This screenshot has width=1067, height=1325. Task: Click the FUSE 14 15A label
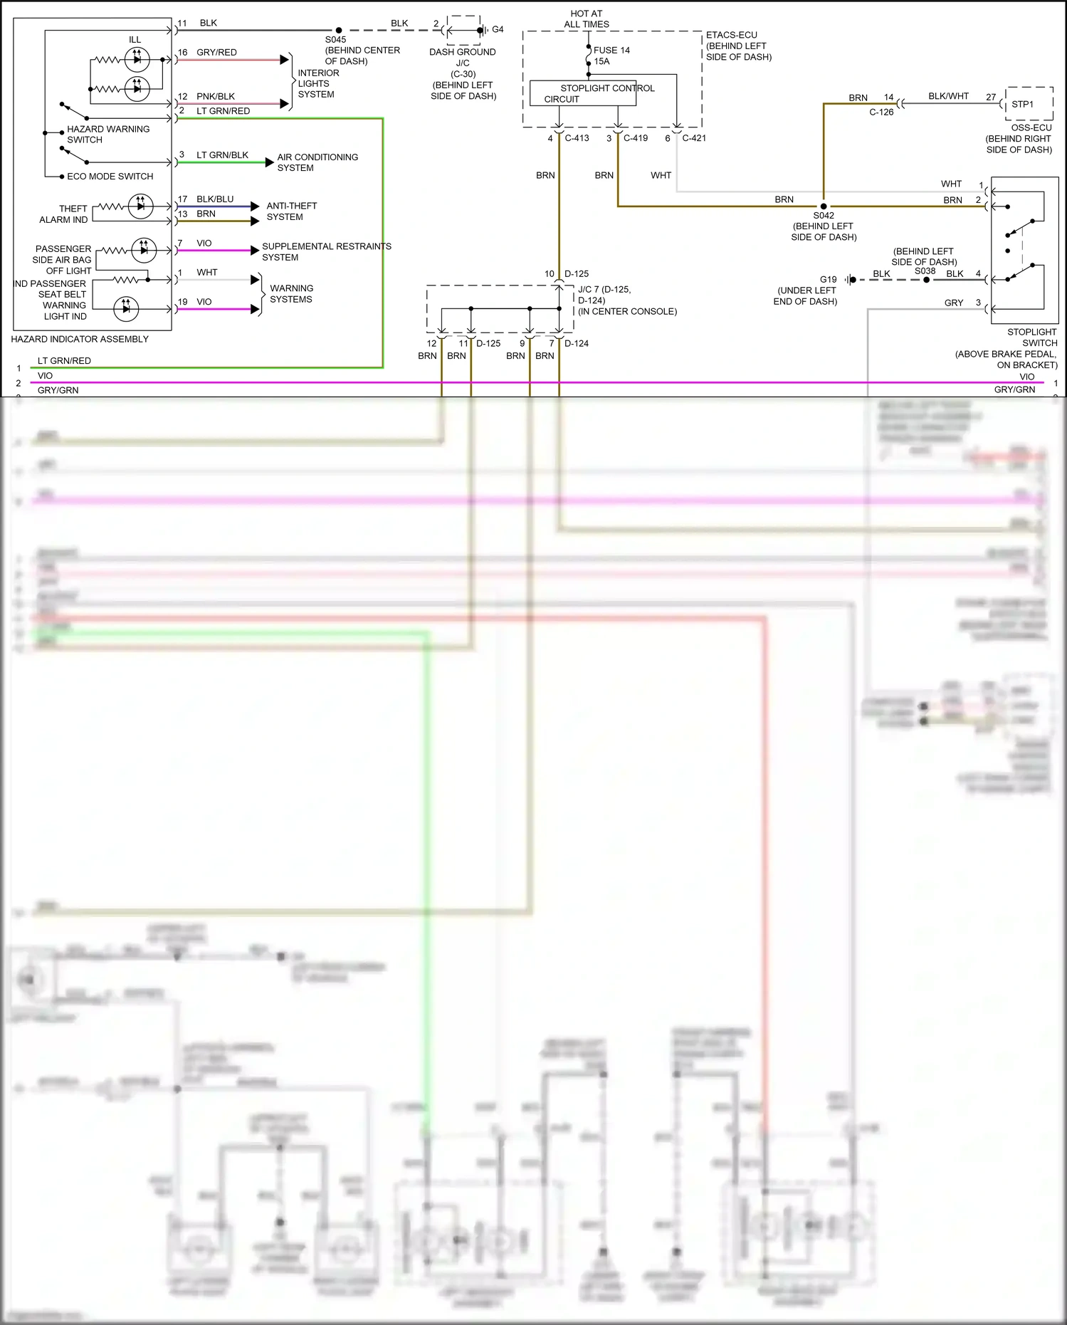[611, 56]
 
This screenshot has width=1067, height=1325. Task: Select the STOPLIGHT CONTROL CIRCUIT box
[583, 93]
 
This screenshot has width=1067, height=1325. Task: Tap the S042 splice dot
[824, 206]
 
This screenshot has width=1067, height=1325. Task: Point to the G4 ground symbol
[483, 30]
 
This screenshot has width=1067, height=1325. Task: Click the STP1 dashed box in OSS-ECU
[1029, 104]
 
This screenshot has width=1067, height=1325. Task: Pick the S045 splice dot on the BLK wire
[339, 31]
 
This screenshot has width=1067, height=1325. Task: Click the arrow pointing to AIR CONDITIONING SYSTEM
[269, 162]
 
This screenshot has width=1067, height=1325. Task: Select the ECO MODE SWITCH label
[110, 176]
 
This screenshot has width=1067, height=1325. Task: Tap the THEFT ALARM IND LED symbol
[140, 206]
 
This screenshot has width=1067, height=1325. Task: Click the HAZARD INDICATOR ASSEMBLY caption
[80, 339]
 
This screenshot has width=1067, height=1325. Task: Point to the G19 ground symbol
[850, 280]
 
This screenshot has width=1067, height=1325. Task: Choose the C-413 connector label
[577, 138]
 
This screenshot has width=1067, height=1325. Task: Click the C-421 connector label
[693, 138]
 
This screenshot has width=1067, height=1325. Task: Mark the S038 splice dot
[926, 280]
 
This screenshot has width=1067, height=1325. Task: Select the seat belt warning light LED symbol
[126, 308]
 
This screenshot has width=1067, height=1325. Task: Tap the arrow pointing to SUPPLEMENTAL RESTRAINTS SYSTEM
[255, 250]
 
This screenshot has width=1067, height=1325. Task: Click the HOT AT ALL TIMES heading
[586, 19]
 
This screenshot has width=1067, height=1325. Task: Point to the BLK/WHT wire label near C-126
[948, 96]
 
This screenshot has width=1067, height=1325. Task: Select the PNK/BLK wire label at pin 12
[215, 96]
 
